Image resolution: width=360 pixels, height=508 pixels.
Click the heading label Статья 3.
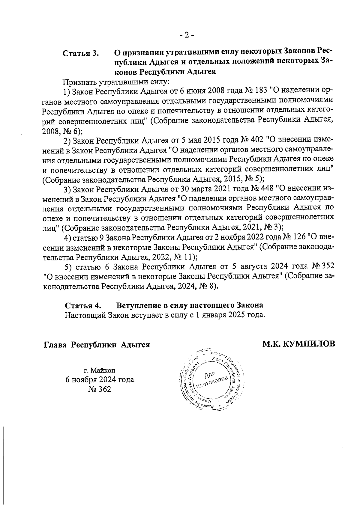[x=81, y=54]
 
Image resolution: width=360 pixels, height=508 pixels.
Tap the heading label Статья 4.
[x=83, y=306]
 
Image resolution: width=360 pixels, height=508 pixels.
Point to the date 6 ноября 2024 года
[x=100, y=380]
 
